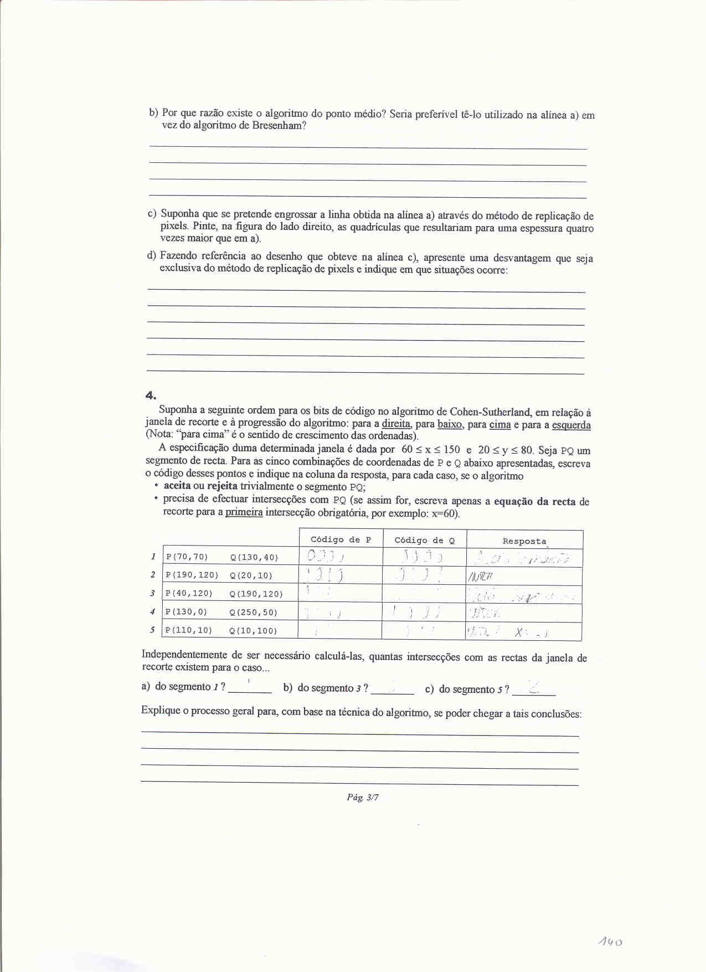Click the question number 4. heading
click(151, 395)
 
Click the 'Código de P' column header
click(341, 539)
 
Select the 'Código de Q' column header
click(424, 540)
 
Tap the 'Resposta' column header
click(524, 541)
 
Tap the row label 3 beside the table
click(152, 593)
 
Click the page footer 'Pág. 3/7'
click(363, 797)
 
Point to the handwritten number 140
click(610, 942)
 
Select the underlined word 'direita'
click(396, 424)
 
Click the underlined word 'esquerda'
click(571, 425)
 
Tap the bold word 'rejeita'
click(222, 486)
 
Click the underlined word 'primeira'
click(244, 512)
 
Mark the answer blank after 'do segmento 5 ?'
click(534, 689)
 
